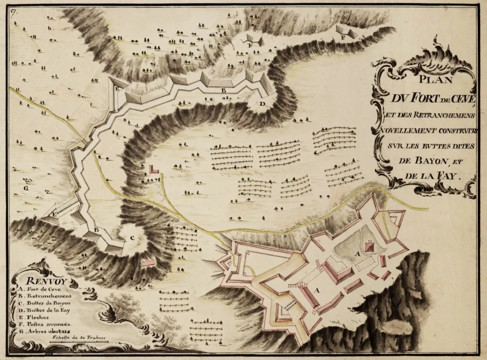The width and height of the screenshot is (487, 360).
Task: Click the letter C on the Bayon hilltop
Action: point(131,238)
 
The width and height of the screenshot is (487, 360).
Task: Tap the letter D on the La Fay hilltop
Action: point(262,104)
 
